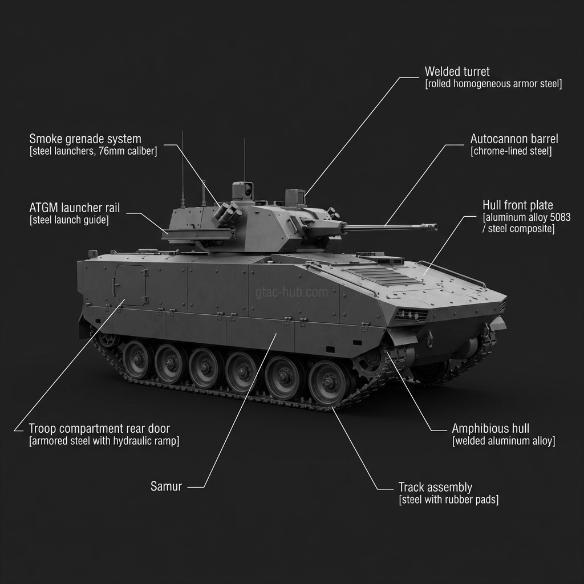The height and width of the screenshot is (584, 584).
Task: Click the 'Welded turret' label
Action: click(457, 71)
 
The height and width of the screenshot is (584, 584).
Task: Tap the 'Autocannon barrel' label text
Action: click(514, 139)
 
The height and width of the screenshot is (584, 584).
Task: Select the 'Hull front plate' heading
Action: click(518, 205)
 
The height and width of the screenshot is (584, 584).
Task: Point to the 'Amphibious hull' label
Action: click(490, 429)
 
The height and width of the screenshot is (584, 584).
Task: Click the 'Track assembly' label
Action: click(435, 487)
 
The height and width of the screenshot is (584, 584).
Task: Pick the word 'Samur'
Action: click(166, 486)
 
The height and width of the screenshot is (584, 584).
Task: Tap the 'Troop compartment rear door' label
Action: click(99, 429)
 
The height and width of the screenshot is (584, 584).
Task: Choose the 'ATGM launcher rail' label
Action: click(75, 208)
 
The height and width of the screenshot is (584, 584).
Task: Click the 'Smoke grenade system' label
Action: click(86, 139)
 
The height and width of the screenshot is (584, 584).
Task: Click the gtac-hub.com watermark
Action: click(291, 293)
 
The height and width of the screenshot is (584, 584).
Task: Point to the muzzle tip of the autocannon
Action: click(435, 227)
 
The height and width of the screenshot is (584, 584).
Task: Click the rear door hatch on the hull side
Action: click(130, 285)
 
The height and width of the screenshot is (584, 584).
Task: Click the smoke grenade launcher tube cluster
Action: click(227, 214)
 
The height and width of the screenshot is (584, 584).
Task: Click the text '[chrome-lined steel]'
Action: click(511, 151)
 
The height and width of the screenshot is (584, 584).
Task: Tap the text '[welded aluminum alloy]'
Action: click(504, 441)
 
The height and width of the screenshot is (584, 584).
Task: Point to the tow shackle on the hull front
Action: click(431, 338)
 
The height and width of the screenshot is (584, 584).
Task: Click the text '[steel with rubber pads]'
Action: click(449, 500)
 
